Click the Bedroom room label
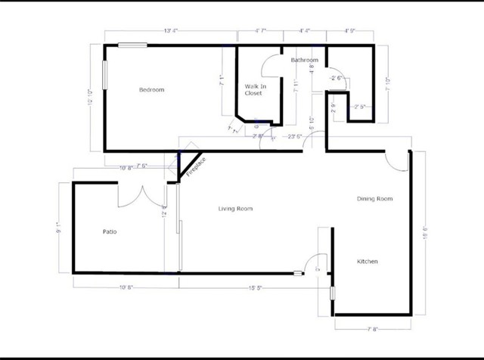(x=151, y=90)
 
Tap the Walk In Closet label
(x=253, y=90)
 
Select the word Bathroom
(x=305, y=60)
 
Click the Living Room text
(x=235, y=209)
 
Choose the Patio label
(x=110, y=231)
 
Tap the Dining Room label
(x=375, y=199)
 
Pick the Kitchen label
(x=368, y=262)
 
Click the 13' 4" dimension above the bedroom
(x=170, y=32)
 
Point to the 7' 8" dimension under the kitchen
(x=374, y=329)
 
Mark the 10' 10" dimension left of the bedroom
(x=91, y=98)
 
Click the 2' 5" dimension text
(x=360, y=107)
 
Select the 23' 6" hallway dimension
(x=295, y=136)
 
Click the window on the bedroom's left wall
(x=105, y=76)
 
